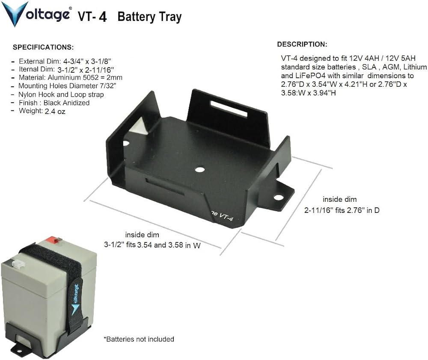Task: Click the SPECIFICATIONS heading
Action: pyautogui.click(x=43, y=47)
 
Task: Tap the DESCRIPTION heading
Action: pyautogui.click(x=302, y=44)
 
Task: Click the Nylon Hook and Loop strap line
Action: pyautogui.click(x=61, y=94)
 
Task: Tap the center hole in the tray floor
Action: pyautogui.click(x=199, y=169)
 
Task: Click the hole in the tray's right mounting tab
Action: pyautogui.click(x=279, y=198)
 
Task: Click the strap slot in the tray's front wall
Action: pyautogui.click(x=165, y=186)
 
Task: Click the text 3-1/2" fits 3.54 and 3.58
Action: pyautogui.click(x=152, y=245)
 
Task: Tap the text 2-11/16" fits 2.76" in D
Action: pyautogui.click(x=342, y=210)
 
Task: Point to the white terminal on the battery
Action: pyautogui.click(x=17, y=264)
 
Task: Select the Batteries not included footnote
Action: pyautogui.click(x=139, y=339)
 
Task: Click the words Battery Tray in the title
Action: pyautogui.click(x=149, y=17)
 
